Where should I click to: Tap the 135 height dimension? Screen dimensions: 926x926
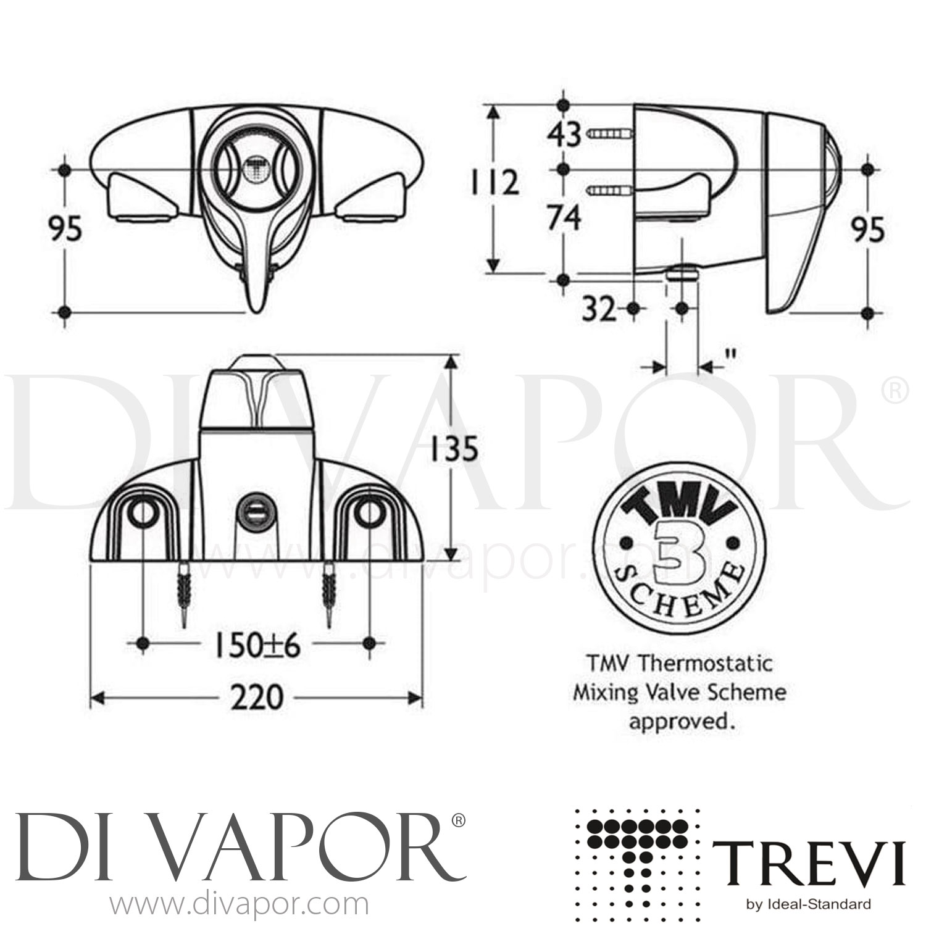454,449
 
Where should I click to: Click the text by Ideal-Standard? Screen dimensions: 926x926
809,905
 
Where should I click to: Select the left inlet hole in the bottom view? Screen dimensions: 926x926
143,512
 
